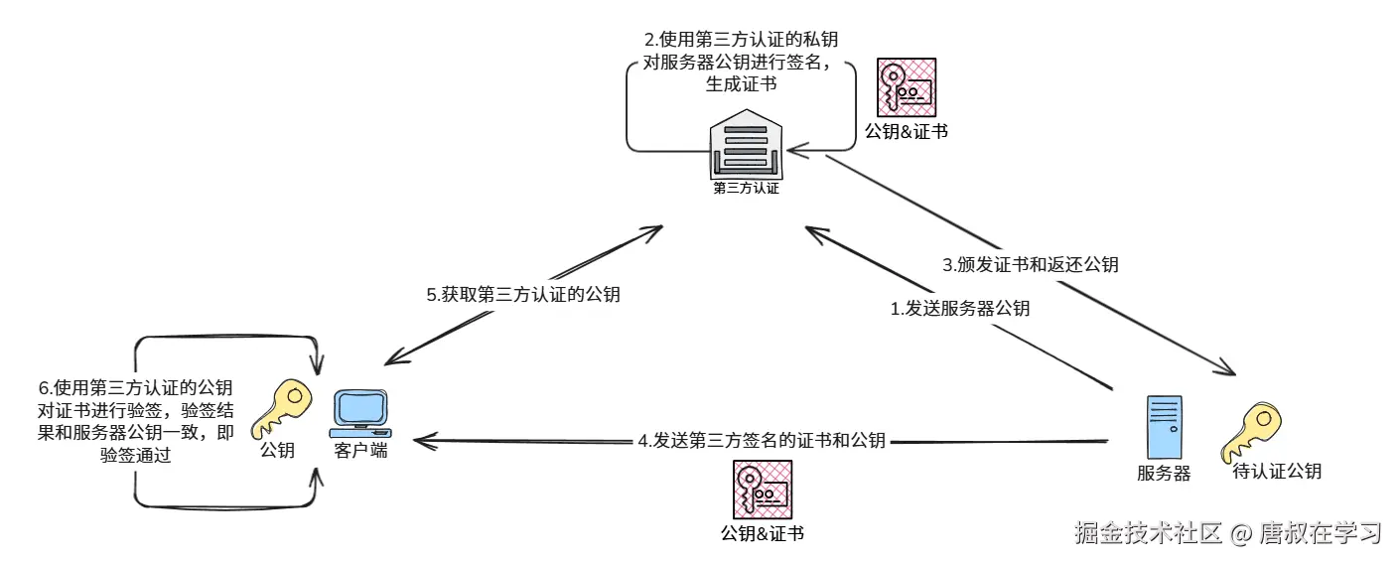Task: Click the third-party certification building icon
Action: coord(746,144)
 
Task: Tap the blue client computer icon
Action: coord(360,414)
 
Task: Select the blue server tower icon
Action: coord(1165,427)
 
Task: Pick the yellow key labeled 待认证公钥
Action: coord(1251,432)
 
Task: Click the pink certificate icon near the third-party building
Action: coord(907,87)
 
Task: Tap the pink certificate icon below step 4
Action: coord(763,490)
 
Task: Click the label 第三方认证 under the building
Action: coord(747,189)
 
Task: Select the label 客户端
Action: coord(360,450)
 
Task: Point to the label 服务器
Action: coord(1164,473)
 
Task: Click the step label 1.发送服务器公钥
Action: coord(960,308)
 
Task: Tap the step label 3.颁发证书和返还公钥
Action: coord(1031,264)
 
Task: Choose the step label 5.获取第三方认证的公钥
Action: coord(523,295)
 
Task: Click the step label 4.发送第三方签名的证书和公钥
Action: coord(762,440)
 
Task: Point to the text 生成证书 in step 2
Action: coord(742,83)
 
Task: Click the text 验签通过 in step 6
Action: coord(136,455)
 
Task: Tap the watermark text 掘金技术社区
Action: coord(1148,533)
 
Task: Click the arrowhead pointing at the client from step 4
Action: coord(419,442)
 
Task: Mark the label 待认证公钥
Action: coord(1277,471)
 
